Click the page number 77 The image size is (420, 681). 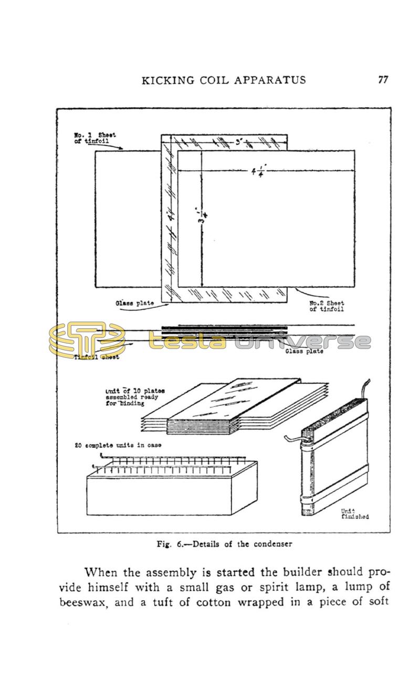383,80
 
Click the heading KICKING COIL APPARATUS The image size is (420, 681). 224,80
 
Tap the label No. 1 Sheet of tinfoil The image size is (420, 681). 94,138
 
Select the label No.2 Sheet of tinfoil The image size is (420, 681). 326,306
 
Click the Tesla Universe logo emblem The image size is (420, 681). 87,340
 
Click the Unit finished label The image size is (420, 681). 354,514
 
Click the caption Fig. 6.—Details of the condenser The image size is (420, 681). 224,544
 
